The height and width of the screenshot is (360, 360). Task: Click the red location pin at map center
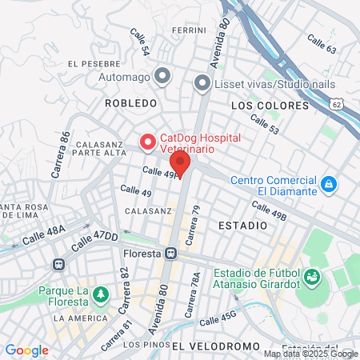(181, 164)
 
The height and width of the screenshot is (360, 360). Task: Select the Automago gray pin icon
(163, 77)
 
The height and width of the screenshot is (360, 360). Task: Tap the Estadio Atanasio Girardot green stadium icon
(313, 278)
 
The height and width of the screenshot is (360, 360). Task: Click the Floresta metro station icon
(171, 253)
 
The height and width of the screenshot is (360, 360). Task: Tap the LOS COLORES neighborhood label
(269, 106)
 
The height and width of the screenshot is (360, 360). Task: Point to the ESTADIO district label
(242, 226)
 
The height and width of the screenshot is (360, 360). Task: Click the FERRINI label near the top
(189, 30)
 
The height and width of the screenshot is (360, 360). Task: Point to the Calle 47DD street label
(94, 239)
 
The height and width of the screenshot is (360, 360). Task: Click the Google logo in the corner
(26, 350)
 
